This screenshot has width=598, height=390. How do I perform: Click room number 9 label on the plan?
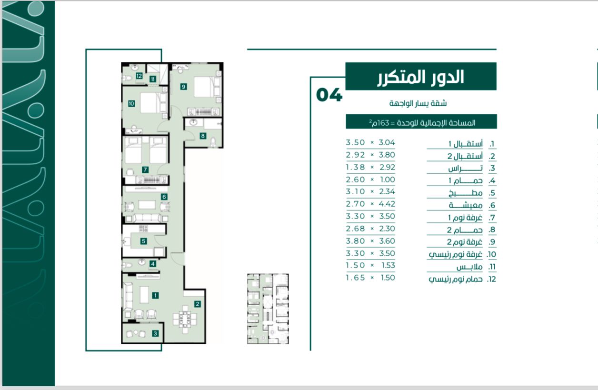pos(183,87)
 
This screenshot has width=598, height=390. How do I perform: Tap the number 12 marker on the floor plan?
pos(139,76)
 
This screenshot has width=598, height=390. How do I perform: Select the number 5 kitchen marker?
pos(144,241)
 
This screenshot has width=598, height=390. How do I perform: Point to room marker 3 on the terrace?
pos(155,333)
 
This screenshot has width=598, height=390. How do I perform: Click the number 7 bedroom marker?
pos(145,170)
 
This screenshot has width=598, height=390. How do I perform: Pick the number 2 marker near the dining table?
pos(198,304)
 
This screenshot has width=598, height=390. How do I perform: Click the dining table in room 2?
pos(185,319)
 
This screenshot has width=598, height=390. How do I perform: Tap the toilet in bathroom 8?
pos(213,142)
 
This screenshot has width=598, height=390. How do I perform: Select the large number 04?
pos(329,95)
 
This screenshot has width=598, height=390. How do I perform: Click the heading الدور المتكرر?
pos(421,77)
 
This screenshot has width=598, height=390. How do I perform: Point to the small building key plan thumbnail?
pos(268,309)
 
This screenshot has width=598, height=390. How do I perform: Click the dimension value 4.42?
pos(387,204)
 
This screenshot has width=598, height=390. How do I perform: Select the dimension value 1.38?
pos(355,167)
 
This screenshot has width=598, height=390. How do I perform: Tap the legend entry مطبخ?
pos(465,193)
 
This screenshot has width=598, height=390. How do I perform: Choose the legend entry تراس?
pos(465,168)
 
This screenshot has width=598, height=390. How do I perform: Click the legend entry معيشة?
pos(466,205)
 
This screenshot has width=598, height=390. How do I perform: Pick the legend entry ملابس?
pos(469,267)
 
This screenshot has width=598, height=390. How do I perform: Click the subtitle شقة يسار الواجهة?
pos(418,103)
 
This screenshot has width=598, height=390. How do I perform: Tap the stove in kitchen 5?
pos(143,229)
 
